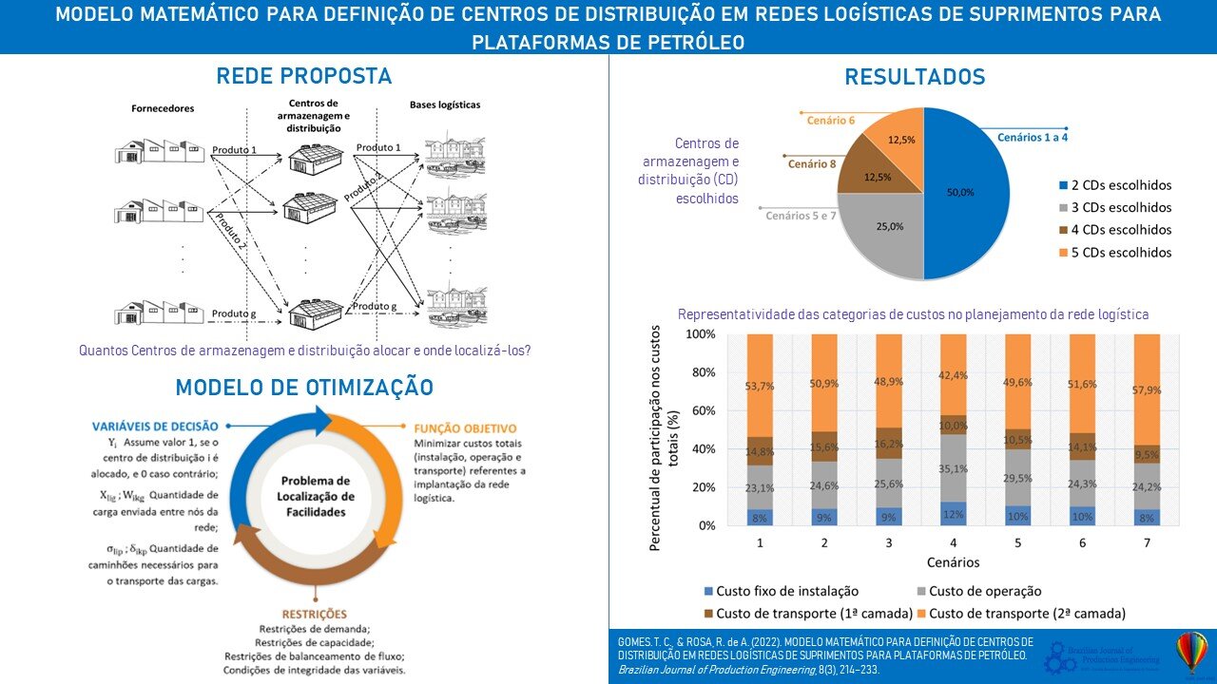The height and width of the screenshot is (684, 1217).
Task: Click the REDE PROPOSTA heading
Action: coord(304,76)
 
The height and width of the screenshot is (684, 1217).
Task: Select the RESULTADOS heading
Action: coord(915,77)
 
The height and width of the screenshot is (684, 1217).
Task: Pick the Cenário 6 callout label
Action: coord(831,121)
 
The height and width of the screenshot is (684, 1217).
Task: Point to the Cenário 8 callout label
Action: coord(812,164)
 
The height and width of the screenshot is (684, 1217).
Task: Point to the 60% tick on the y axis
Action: coord(703,410)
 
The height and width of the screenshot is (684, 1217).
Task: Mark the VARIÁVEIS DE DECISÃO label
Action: coord(156,426)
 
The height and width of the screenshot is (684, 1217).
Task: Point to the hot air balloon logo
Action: coord(1191,654)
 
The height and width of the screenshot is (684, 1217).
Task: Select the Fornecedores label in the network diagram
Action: coord(163,108)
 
